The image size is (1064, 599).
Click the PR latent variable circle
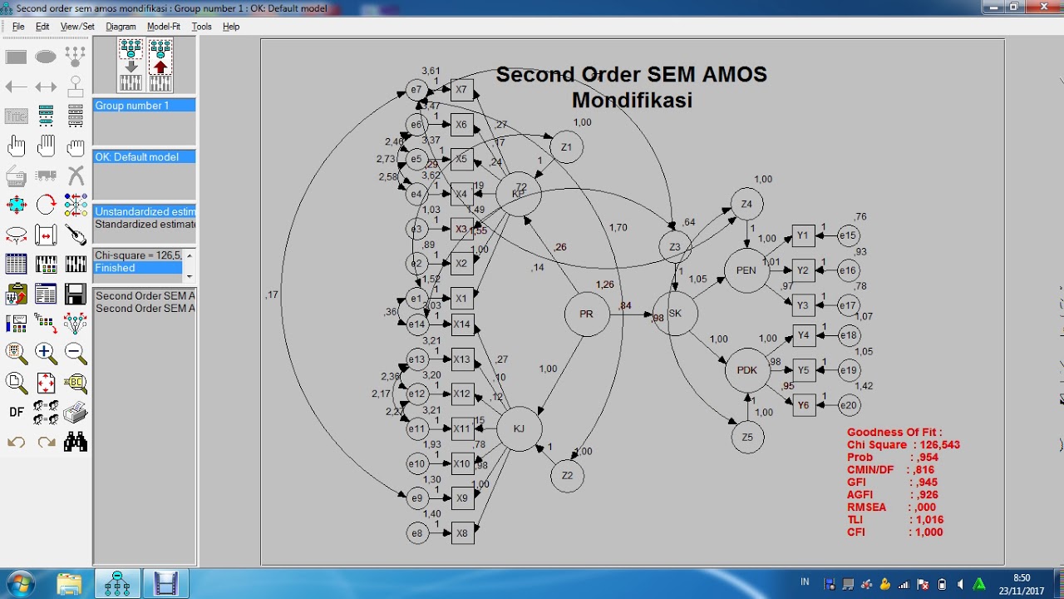point(587,314)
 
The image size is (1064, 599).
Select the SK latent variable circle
point(675,314)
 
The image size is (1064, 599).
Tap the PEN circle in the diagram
point(746,270)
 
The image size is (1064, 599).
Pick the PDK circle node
point(747,370)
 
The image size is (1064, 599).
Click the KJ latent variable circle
point(519,428)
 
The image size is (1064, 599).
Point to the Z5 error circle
point(747,437)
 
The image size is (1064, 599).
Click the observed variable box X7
point(461,90)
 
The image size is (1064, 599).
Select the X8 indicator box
point(462,532)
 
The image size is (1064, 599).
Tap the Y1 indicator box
point(803,236)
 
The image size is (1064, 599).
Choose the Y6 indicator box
point(803,405)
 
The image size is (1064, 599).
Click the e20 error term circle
point(848,405)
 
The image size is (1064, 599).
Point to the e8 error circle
point(417,532)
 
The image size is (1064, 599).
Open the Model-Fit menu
point(164,27)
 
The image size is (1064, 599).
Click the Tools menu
point(201,27)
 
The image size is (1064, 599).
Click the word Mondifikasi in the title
point(632,101)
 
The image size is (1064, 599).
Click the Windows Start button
point(18,583)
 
